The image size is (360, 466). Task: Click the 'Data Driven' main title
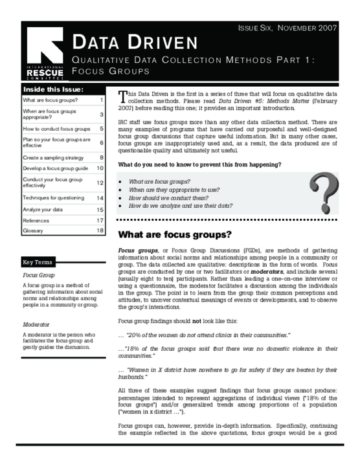(x=135, y=43)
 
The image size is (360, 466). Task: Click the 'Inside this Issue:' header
(x=53, y=89)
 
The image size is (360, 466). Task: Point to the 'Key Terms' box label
(x=41, y=262)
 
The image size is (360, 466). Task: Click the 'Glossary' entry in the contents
(x=33, y=230)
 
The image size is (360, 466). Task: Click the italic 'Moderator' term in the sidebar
(x=37, y=324)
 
